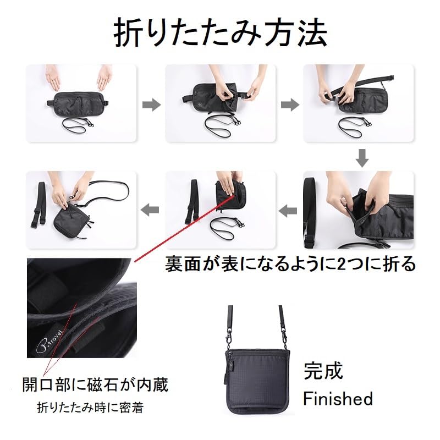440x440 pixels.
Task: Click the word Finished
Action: pos(338,398)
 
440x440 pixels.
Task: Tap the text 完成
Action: pos(323,371)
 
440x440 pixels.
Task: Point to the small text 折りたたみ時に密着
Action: pos(93,408)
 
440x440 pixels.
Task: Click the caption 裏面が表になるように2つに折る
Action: pos(291,264)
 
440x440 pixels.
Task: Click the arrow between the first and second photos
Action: pos(151,105)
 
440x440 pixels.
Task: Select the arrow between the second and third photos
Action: pos(289,105)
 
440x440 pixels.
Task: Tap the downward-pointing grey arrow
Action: pos(362,158)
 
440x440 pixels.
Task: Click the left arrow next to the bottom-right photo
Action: pos(289,210)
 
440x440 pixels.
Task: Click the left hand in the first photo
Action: pos(53,78)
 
